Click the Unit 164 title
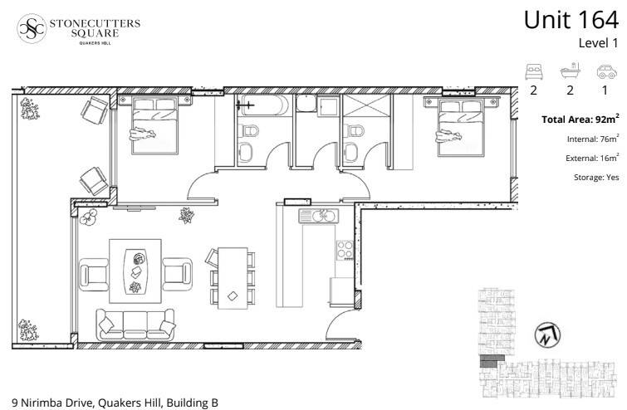point(571,20)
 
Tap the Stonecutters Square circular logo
point(32,28)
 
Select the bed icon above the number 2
point(534,71)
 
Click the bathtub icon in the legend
point(570,71)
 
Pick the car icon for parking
point(606,71)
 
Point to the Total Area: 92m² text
point(580,119)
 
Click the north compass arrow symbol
point(547,334)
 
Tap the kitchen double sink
point(318,216)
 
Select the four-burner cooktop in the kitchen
point(345,250)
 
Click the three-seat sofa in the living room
point(135,325)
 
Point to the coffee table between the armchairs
point(135,271)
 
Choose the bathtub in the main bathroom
point(262,105)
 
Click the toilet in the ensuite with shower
point(354,131)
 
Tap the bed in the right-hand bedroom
point(462,126)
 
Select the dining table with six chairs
point(231,278)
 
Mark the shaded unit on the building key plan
point(487,361)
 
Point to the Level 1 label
point(598,43)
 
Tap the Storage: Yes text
point(596,178)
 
